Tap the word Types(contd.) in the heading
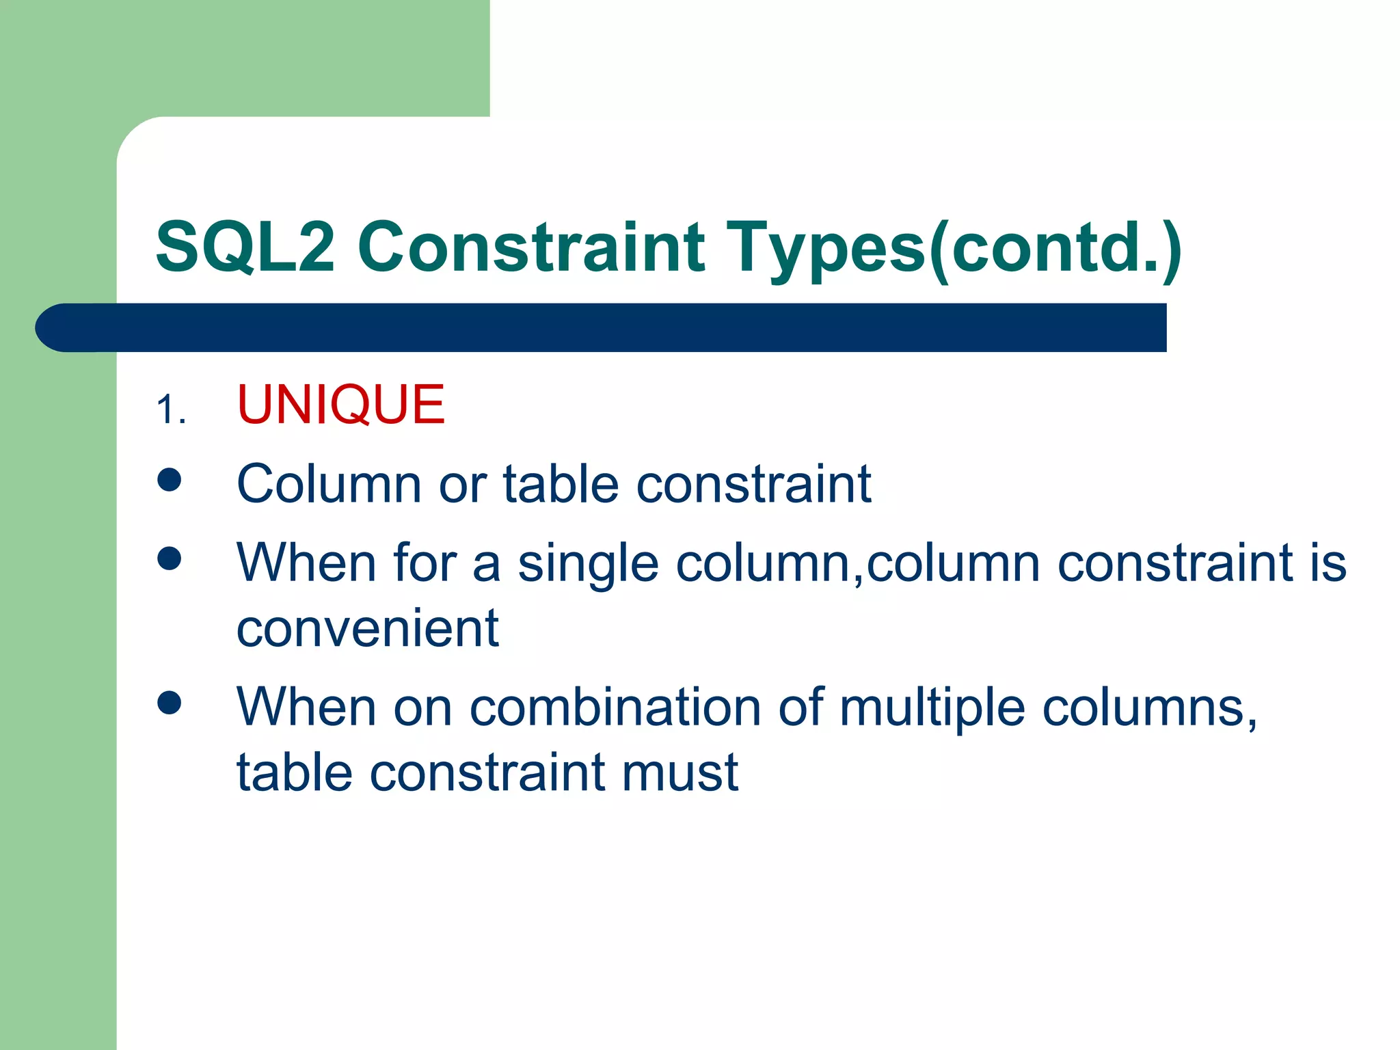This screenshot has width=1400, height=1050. [954, 247]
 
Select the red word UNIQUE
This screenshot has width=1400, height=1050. [340, 405]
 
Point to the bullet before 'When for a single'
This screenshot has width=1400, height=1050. [169, 558]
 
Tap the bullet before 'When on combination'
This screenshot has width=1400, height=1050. [169, 702]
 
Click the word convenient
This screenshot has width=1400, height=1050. [367, 629]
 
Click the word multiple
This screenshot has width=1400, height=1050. [932, 707]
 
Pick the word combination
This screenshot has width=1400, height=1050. [615, 707]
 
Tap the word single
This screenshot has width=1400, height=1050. [588, 565]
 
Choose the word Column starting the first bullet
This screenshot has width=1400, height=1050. [329, 484]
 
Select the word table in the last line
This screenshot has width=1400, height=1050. [294, 772]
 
